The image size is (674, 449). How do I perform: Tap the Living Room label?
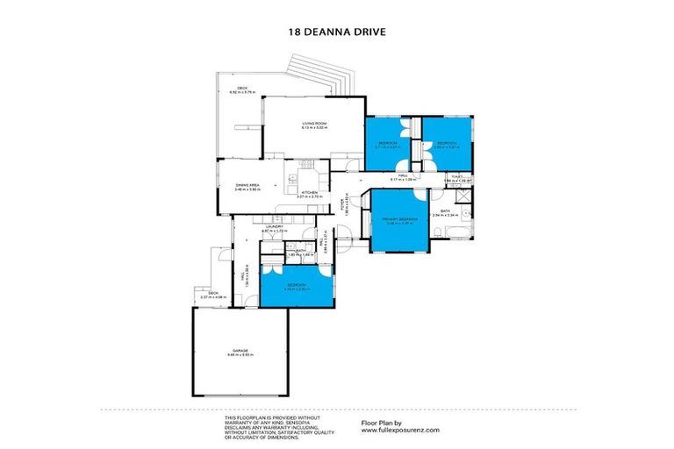point(314,125)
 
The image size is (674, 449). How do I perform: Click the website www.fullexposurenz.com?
point(400,430)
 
